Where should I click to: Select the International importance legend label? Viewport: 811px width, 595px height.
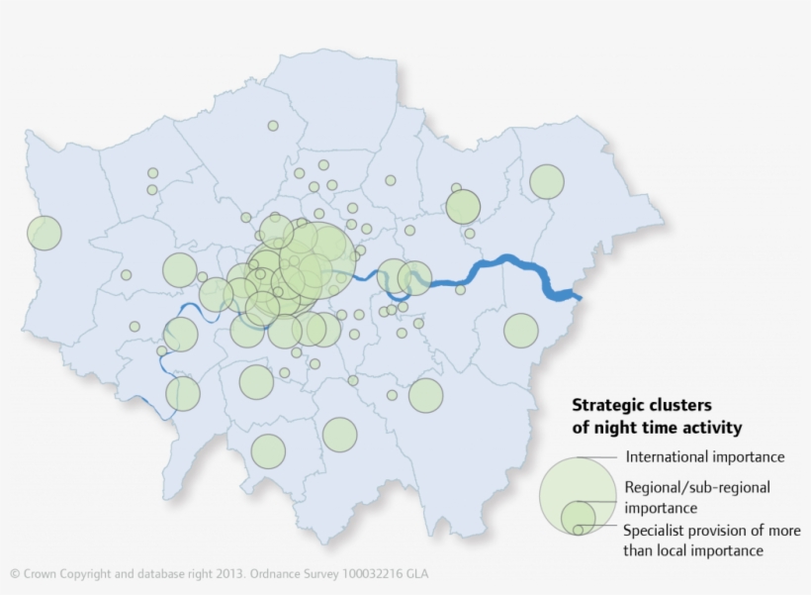pyautogui.click(x=705, y=457)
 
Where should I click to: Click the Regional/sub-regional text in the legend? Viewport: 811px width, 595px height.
pyautogui.click(x=697, y=487)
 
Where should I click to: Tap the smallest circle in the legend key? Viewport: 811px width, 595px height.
pyautogui.click(x=578, y=530)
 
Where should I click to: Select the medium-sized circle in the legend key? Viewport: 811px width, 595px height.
pyautogui.click(x=579, y=517)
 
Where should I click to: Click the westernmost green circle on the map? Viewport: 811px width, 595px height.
pyautogui.click(x=44, y=233)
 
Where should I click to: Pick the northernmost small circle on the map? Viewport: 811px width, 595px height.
pyautogui.click(x=273, y=126)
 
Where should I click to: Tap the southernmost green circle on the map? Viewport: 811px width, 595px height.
pyautogui.click(x=268, y=451)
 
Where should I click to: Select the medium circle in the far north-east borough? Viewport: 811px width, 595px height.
pyautogui.click(x=546, y=181)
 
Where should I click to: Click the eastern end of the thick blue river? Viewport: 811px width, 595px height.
pyautogui.click(x=577, y=295)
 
